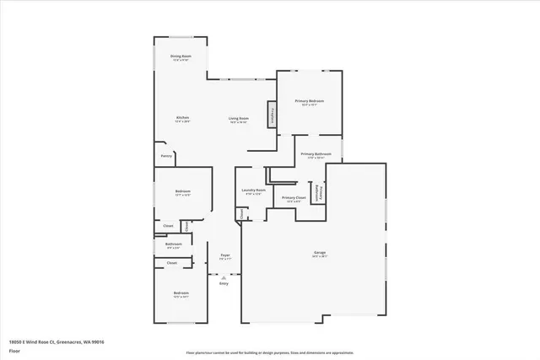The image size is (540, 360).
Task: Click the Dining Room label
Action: coord(181,56)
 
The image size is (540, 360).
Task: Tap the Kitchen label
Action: coord(182,117)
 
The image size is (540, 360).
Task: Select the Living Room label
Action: coord(239,119)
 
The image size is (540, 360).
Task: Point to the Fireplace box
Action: coord(273,116)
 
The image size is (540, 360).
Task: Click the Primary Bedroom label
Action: coord(310,101)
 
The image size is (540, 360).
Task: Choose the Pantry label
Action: coord(166,155)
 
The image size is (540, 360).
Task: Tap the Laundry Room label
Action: coord(254,191)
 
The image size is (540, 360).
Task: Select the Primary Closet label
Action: coord(294,198)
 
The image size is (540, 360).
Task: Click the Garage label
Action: coord(320,252)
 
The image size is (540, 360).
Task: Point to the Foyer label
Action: coord(225,255)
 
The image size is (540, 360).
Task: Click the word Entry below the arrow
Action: coord(224,283)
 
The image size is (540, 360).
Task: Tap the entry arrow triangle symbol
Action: coord(224,276)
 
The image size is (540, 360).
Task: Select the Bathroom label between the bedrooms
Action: coord(173,244)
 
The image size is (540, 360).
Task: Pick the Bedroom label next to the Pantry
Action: coord(183,192)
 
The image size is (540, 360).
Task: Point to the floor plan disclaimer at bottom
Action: coord(270,352)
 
